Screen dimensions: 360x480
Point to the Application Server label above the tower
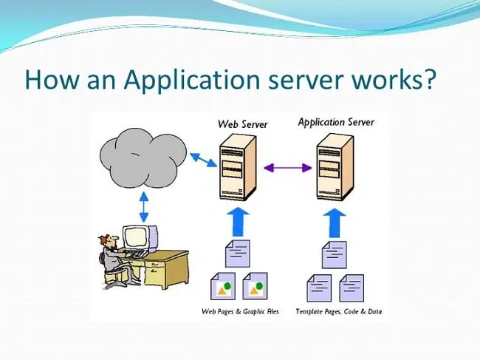[x=336, y=122]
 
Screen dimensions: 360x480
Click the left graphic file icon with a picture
[x=223, y=286]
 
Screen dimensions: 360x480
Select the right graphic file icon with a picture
[x=255, y=286]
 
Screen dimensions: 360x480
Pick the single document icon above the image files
[x=237, y=254]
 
